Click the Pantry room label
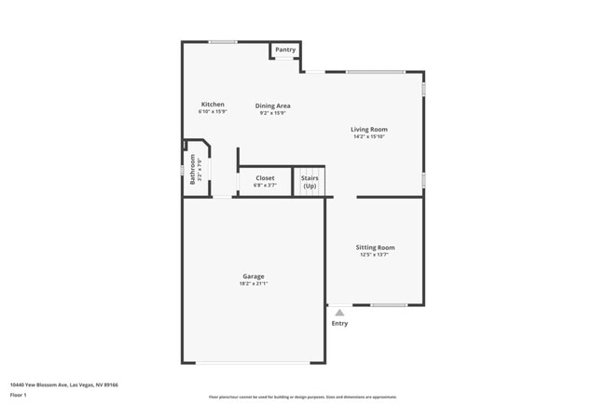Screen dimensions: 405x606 click(285, 49)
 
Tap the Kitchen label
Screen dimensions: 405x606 click(213, 104)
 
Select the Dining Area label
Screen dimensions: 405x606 click(271, 105)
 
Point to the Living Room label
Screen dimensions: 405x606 click(369, 129)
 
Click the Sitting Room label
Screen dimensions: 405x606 click(376, 247)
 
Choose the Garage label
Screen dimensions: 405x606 click(254, 276)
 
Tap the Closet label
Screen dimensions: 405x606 click(265, 177)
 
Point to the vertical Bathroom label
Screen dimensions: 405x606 click(193, 169)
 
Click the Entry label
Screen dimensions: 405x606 click(339, 323)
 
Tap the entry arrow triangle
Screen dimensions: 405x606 click(339, 313)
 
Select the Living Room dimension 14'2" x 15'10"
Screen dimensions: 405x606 click(369, 136)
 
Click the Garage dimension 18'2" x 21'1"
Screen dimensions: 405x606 click(254, 284)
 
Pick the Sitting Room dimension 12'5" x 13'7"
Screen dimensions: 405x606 click(376, 255)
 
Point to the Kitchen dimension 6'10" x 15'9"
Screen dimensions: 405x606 click(213, 111)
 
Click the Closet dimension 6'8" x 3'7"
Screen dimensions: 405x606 click(265, 185)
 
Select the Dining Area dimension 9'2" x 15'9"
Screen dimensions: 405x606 click(271, 113)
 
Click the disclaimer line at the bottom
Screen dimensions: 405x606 click(303, 397)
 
